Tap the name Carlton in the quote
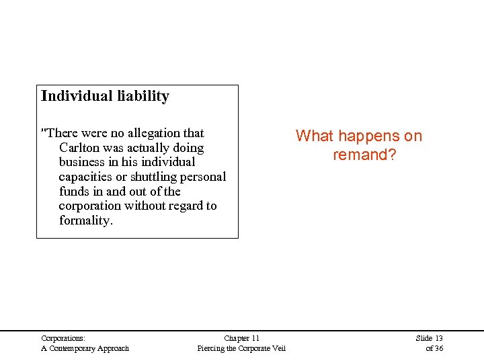(80, 148)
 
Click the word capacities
(85, 177)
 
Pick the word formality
(85, 220)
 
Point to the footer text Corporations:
(63, 338)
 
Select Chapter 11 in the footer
(241, 338)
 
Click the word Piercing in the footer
(212, 348)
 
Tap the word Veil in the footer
(278, 348)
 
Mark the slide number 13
(438, 338)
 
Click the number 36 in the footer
(438, 348)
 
